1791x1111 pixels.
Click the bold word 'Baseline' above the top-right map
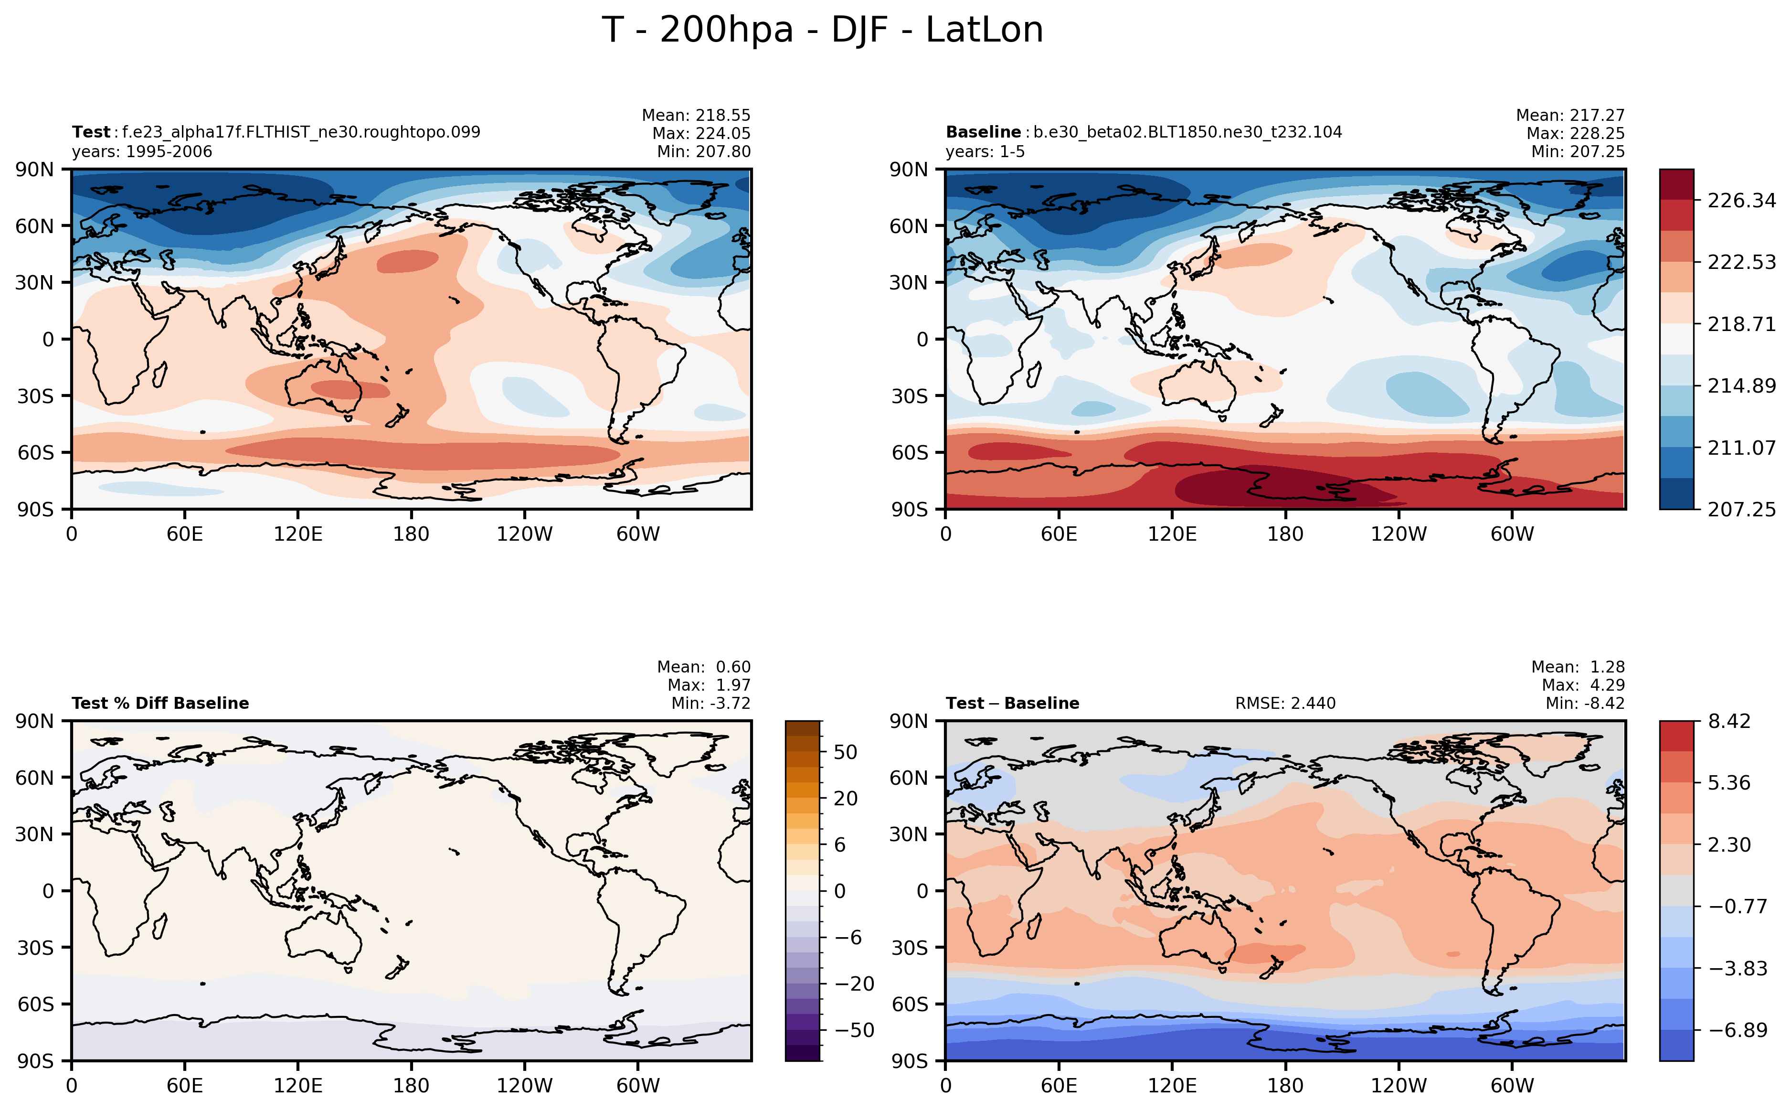pyautogui.click(x=983, y=132)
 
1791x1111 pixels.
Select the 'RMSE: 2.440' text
pyautogui.click(x=1285, y=703)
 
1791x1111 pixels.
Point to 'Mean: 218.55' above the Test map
pyautogui.click(x=696, y=116)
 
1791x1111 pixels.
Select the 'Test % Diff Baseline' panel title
pyautogui.click(x=160, y=703)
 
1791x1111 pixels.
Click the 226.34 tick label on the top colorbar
pyautogui.click(x=1741, y=201)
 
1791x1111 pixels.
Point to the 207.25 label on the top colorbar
pyautogui.click(x=1741, y=509)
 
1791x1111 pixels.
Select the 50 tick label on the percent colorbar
pyautogui.click(x=845, y=752)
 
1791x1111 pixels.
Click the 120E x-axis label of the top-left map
pyautogui.click(x=297, y=534)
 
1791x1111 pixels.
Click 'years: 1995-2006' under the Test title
pyautogui.click(x=142, y=152)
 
